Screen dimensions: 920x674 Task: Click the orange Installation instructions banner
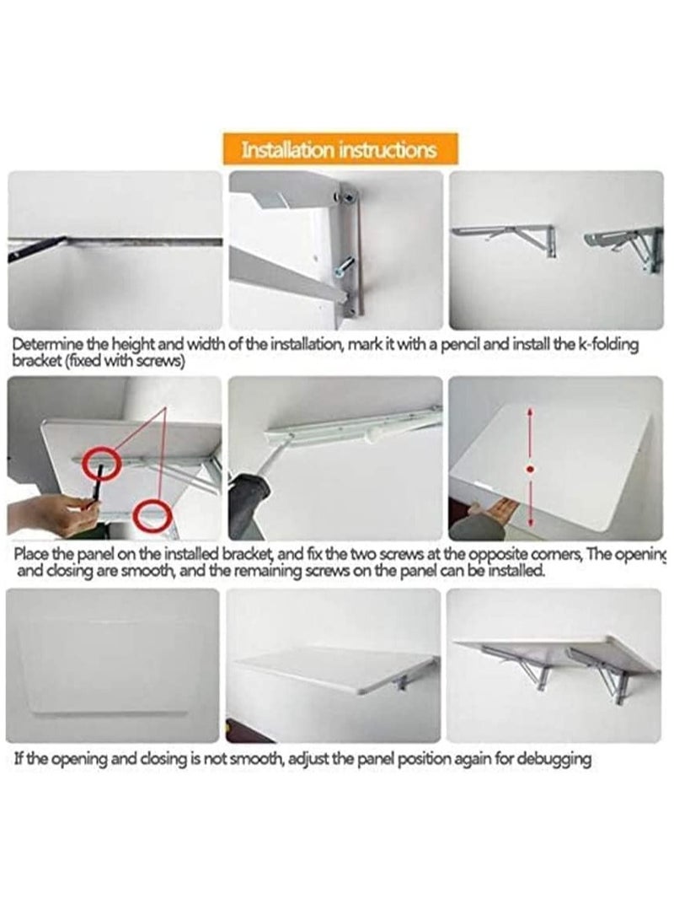[340, 150]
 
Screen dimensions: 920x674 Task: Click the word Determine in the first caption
[45, 345]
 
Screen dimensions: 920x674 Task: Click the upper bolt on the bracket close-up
[345, 197]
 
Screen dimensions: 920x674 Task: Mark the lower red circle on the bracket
[152, 516]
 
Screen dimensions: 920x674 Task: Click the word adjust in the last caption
[313, 759]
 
